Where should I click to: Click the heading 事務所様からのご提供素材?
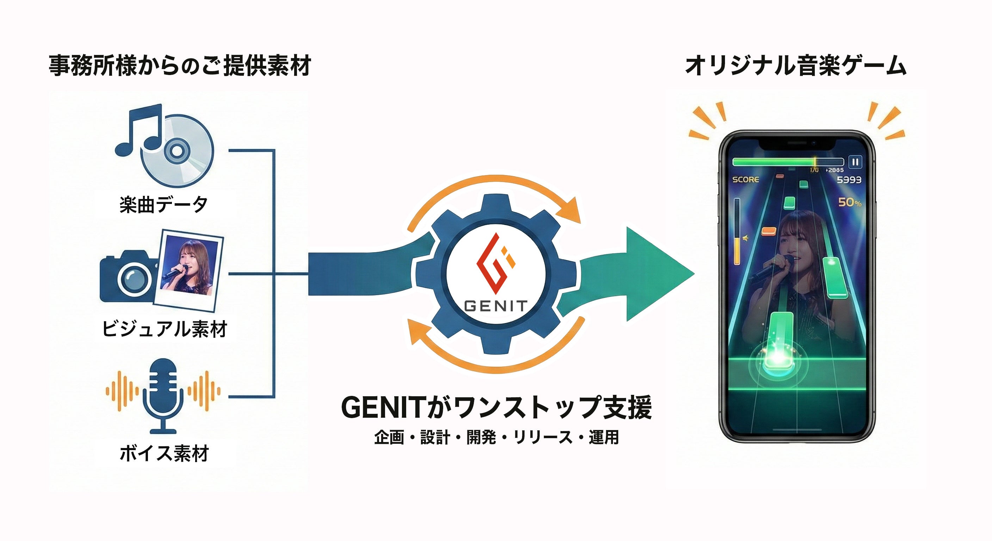tap(180, 66)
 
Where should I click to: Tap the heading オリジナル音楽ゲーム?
tap(795, 66)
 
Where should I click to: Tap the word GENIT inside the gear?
tap(496, 306)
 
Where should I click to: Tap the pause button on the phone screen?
tap(855, 162)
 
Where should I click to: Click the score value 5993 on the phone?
tap(849, 180)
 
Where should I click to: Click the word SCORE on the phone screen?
tap(745, 180)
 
